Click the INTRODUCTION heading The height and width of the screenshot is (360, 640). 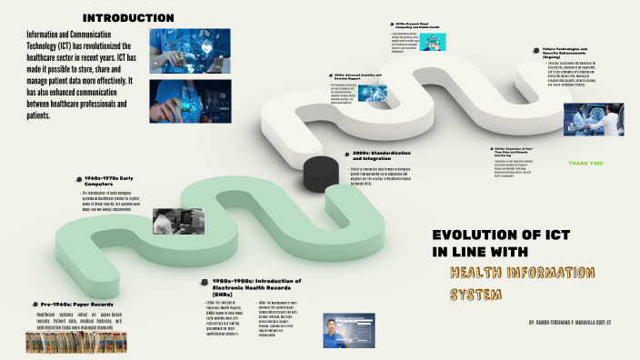128,18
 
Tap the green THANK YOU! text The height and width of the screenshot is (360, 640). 585,164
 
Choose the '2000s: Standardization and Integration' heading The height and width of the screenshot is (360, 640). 380,156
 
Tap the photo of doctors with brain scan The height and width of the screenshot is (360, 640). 593,119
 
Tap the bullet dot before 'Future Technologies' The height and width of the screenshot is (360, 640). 536,51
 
